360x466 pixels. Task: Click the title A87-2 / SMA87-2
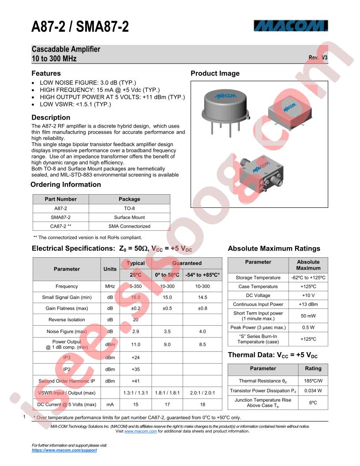point(80,27)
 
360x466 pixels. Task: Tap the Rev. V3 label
point(318,58)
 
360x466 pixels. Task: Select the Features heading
point(46,73)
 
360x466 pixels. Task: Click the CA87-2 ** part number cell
point(60,226)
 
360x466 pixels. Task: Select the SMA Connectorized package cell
point(129,226)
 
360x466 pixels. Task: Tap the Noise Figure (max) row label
point(67,331)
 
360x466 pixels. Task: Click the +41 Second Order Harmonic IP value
point(135,381)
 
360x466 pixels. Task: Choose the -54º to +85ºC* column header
point(202,275)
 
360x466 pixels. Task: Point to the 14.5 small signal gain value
point(202,297)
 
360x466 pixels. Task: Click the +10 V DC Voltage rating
point(308,295)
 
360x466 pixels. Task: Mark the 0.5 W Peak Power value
point(308,327)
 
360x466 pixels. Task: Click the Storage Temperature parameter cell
point(258,278)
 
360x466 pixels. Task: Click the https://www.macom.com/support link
point(64,450)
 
